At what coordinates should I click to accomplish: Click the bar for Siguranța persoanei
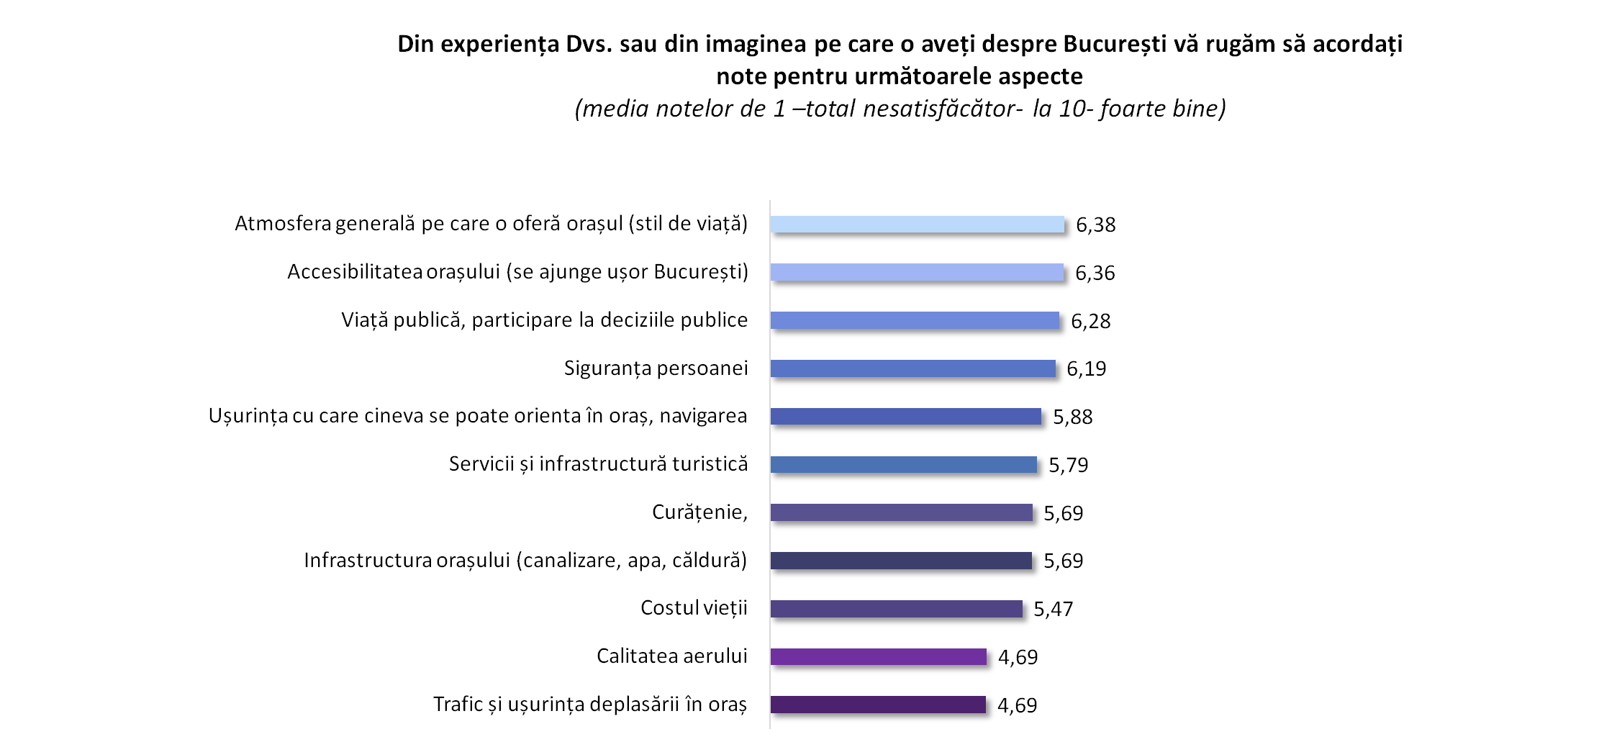[x=912, y=368]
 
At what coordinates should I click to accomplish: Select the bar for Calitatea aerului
[x=878, y=656]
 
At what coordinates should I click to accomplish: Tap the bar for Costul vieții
[x=896, y=609]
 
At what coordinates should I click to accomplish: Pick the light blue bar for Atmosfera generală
[x=917, y=225]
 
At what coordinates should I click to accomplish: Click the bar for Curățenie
[x=901, y=512]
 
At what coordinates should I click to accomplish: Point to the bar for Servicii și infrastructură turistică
[x=903, y=465]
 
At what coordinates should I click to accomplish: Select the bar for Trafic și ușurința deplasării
[x=878, y=705]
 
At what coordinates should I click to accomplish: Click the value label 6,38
[x=1095, y=225]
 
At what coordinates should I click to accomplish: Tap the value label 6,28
[x=1090, y=321]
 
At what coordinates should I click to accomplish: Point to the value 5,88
[x=1072, y=417]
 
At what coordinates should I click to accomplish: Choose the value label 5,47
[x=1053, y=610]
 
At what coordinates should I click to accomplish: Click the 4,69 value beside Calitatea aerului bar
[x=1018, y=657]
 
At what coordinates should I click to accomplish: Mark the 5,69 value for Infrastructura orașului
[x=1063, y=561]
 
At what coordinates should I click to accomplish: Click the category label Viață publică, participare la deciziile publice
[x=544, y=320]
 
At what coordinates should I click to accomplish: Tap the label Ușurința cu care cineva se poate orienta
[x=478, y=416]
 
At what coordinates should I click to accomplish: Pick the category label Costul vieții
[x=694, y=608]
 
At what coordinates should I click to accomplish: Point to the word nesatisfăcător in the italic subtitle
[x=942, y=109]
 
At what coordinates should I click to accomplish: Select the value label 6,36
[x=1095, y=273]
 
